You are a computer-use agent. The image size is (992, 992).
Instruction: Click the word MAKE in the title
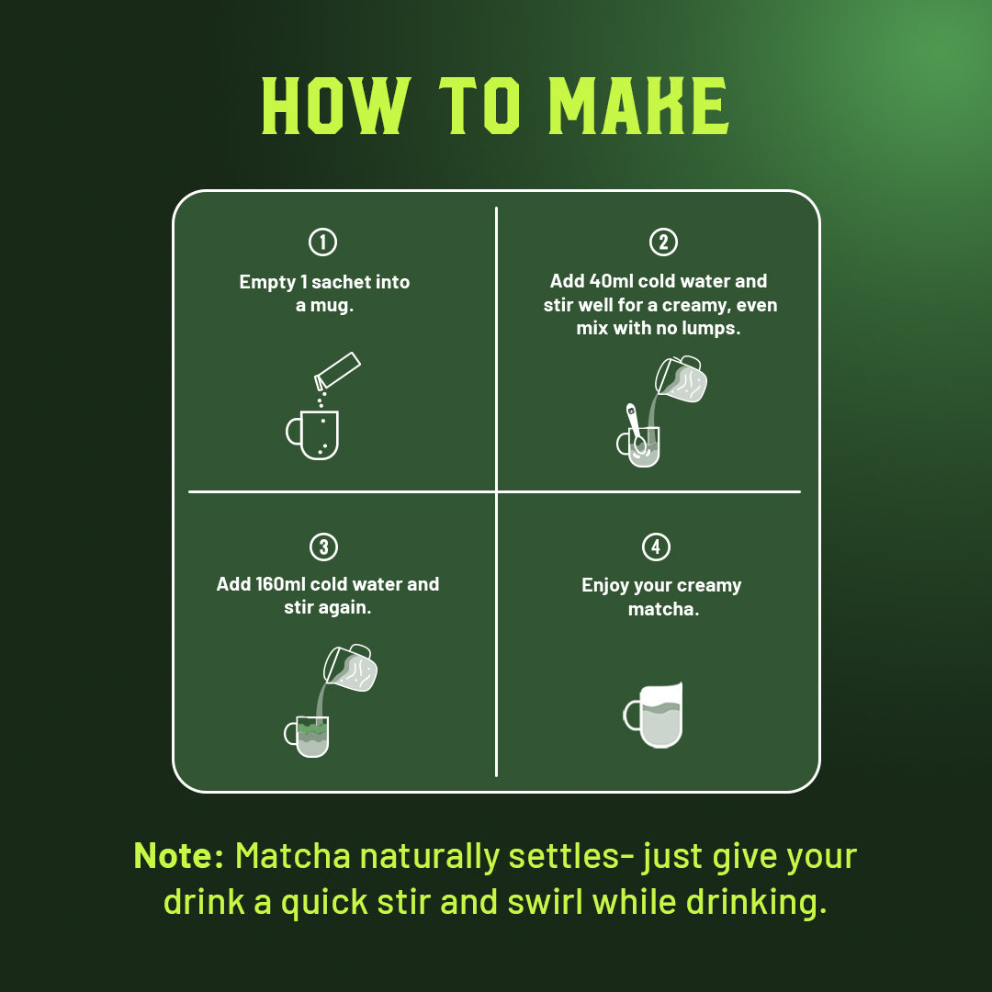tap(638, 107)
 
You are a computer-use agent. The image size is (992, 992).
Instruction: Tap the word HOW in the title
tap(333, 107)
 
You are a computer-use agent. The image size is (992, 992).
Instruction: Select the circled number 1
tap(322, 242)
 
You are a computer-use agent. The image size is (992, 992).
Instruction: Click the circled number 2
tap(662, 242)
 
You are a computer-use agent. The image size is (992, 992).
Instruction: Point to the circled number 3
tap(322, 547)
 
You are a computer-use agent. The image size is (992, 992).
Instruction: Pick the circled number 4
tap(655, 547)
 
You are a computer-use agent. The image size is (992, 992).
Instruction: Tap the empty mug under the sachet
tap(315, 434)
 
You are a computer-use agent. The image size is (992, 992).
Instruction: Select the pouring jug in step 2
tap(682, 379)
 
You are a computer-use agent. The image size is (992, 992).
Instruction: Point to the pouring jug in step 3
tap(351, 668)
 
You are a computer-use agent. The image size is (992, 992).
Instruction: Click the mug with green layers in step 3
tap(309, 736)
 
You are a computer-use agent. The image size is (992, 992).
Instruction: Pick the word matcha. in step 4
tap(663, 609)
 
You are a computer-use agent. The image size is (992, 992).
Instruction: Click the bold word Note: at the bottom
tap(179, 856)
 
